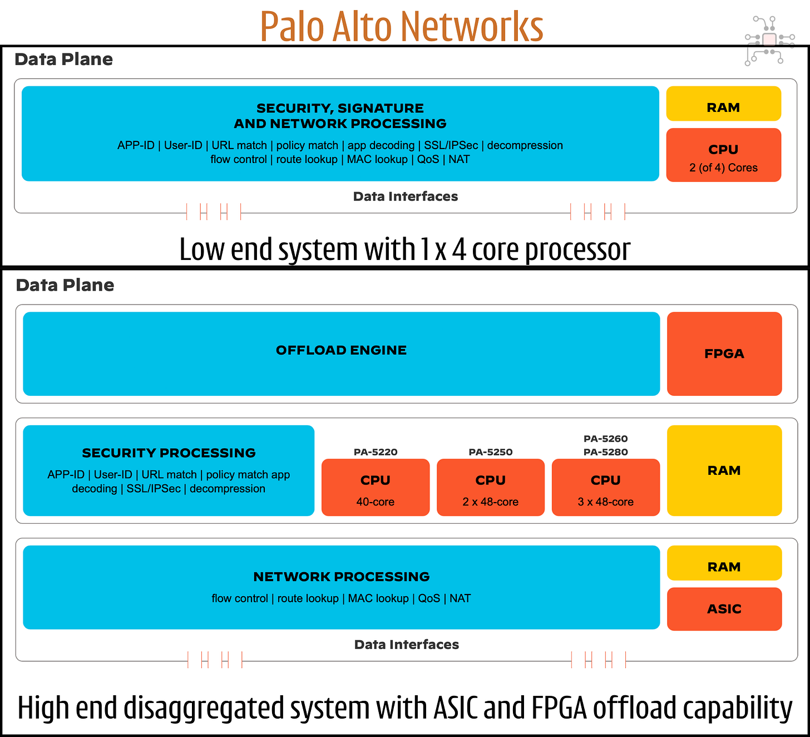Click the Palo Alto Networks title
tap(401, 26)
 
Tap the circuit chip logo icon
tap(769, 40)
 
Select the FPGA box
tap(724, 353)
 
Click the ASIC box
tap(724, 608)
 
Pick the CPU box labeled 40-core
tap(376, 487)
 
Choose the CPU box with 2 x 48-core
tap(490, 487)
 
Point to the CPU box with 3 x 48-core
tap(605, 487)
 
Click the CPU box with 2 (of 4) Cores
tap(723, 155)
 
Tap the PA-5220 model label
tap(376, 452)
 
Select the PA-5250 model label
tap(490, 452)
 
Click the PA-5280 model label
tap(605, 452)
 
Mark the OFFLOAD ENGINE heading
tap(341, 350)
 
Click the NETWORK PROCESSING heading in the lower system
tap(341, 577)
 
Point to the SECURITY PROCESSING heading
tap(169, 453)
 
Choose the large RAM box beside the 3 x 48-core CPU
tap(724, 470)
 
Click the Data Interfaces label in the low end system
tap(405, 196)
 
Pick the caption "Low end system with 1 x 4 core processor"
tap(404, 249)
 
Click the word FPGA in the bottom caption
tap(559, 708)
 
